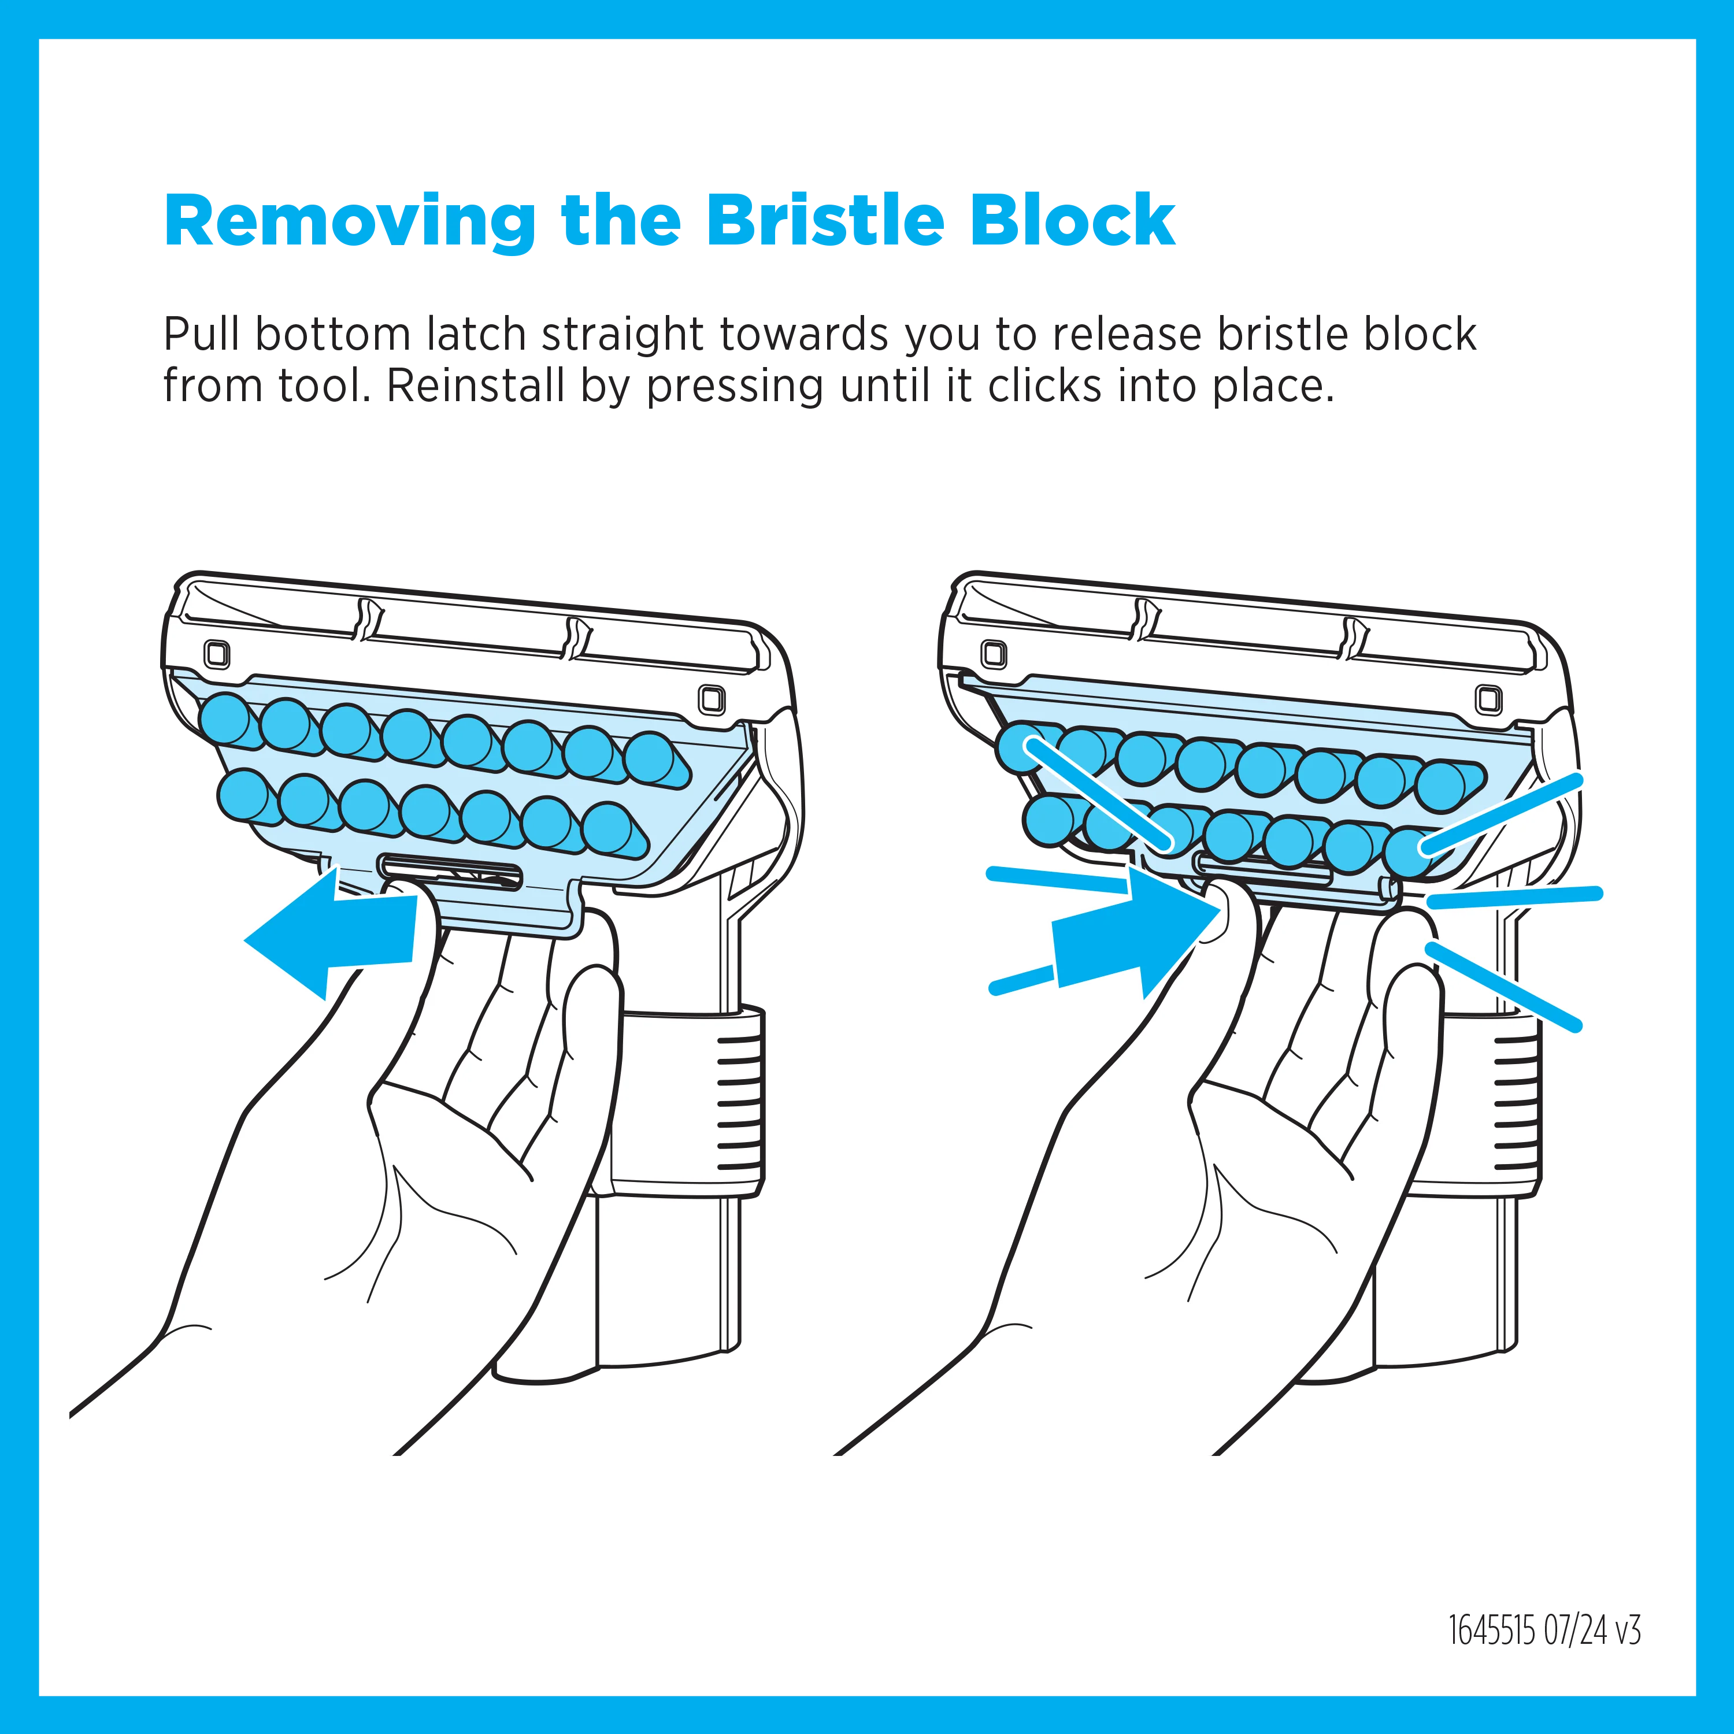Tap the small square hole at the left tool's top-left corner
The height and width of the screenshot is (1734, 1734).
[216, 653]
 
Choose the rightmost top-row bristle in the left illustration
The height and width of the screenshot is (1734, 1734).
[656, 761]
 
